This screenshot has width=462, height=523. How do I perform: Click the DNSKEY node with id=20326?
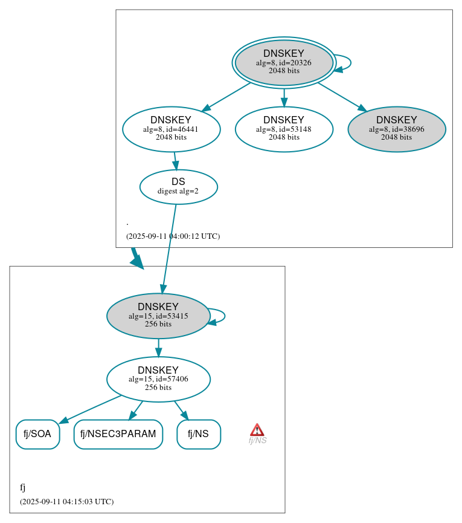point(284,62)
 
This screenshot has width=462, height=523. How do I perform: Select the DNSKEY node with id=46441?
point(171,129)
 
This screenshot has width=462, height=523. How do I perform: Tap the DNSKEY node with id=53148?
point(284,129)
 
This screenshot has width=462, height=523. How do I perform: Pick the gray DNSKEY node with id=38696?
point(396,129)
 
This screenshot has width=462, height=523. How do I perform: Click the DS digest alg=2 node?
point(178,187)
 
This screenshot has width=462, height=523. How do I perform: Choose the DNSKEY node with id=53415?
point(158,316)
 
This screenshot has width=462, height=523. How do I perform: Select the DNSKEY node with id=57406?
point(158,379)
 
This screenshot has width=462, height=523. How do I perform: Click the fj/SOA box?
point(37,434)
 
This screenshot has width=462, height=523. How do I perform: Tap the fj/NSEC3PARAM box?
point(118,434)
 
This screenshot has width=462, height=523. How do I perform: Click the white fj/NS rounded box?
point(198,434)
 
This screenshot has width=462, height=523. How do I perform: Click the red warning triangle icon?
point(257,430)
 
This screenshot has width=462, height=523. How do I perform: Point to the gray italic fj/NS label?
point(257,441)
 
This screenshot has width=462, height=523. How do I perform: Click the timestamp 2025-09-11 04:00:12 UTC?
point(173,236)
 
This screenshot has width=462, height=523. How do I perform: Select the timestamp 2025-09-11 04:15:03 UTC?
point(66,502)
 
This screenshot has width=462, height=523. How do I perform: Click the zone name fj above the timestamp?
point(22,487)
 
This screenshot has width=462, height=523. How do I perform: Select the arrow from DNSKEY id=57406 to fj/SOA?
point(91,409)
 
